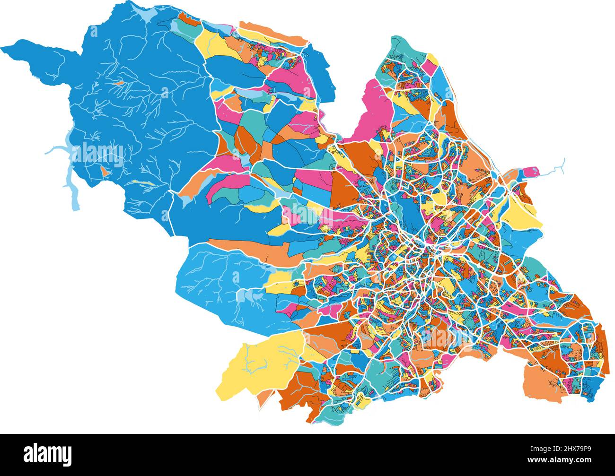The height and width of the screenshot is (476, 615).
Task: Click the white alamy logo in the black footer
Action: (x=48, y=454)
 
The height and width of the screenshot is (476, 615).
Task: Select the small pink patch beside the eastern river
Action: (x=530, y=171)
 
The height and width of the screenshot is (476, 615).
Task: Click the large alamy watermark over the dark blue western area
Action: (x=97, y=152)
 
